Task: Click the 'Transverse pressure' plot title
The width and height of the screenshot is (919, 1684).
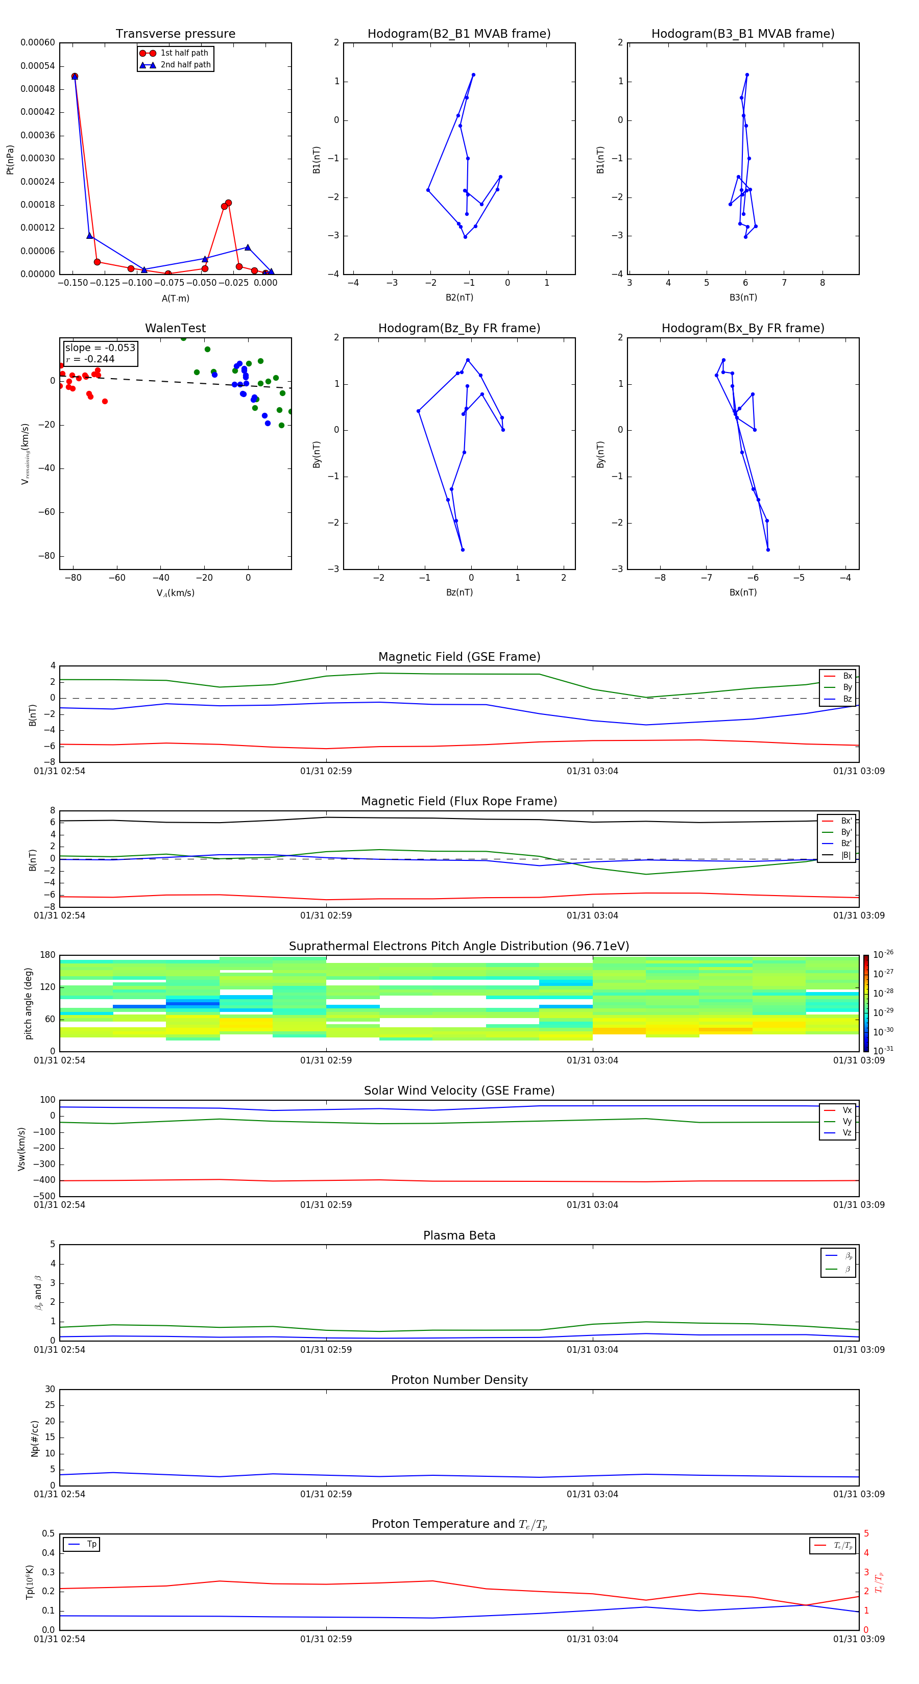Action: [175, 34]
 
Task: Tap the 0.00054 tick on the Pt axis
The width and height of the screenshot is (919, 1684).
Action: [38, 66]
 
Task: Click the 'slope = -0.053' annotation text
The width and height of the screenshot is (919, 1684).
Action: [100, 348]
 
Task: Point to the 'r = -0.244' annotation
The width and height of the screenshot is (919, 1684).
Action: [90, 359]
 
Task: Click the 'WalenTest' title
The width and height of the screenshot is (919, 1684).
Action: [175, 328]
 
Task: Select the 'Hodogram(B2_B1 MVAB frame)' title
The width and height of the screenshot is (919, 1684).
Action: [458, 34]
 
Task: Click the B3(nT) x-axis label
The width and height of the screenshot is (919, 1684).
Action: [743, 298]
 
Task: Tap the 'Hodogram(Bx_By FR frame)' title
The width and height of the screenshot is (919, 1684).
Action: [742, 328]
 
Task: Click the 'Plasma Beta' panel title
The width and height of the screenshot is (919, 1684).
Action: [459, 1235]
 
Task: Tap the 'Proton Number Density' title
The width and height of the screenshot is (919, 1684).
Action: [459, 1380]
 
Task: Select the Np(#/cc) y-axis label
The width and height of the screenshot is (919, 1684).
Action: [35, 1438]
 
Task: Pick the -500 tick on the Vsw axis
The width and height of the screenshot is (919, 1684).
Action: [46, 1196]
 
